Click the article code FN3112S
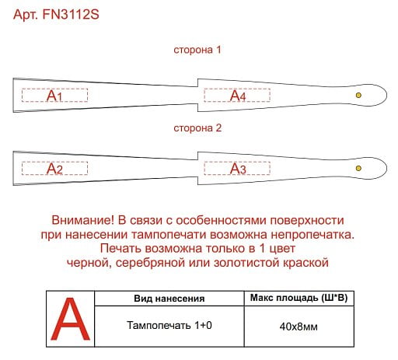(71, 14)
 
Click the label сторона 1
(197, 50)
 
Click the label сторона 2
(197, 128)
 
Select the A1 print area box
(54, 96)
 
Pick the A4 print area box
(237, 96)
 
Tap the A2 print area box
(54, 168)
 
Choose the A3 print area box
(237, 168)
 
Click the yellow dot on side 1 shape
(358, 95)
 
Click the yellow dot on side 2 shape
(358, 168)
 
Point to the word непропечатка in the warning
(312, 235)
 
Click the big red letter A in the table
(70, 319)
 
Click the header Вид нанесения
(169, 299)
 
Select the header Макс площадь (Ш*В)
(298, 298)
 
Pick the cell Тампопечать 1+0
(169, 325)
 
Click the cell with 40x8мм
(298, 327)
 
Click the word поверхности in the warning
(307, 220)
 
